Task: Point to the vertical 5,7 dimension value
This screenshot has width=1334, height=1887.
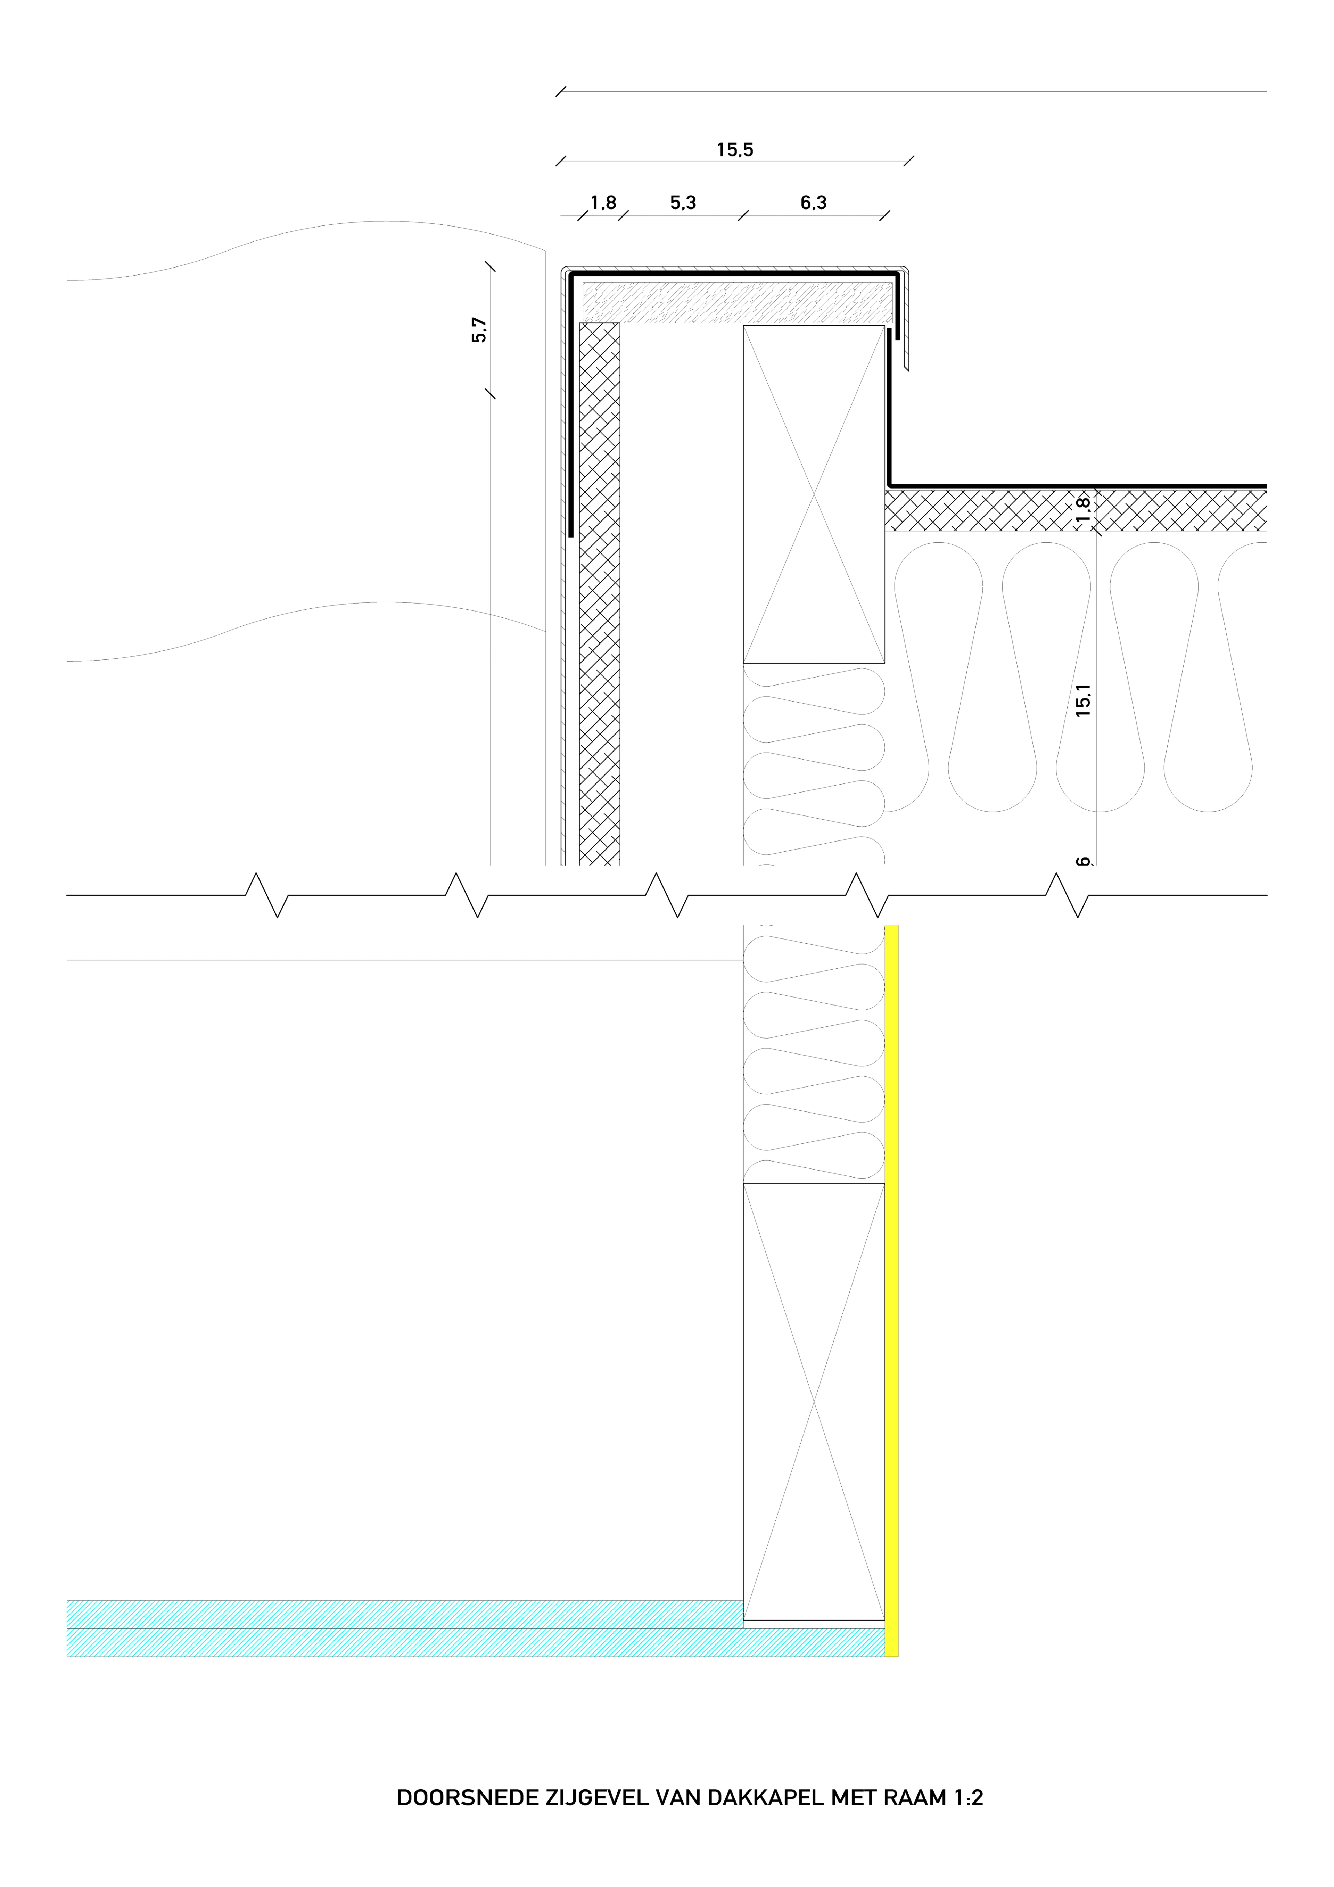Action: coord(479,330)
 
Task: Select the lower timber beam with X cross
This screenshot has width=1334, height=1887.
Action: coord(814,1401)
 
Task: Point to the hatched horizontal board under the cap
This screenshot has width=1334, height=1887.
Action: coord(737,302)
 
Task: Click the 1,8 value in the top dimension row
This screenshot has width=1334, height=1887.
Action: coord(603,202)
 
